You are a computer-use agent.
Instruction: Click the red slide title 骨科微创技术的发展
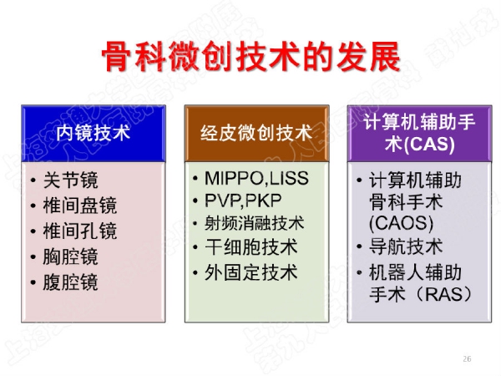coord(251,57)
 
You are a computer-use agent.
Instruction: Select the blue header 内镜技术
coord(94,133)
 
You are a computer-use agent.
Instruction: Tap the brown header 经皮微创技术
coord(256,133)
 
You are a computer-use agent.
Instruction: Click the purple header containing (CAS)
coord(419,133)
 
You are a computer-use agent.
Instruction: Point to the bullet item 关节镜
coord(71,180)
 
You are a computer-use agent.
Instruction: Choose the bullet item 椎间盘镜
coord(80,206)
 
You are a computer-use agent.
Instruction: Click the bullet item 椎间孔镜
coord(80,231)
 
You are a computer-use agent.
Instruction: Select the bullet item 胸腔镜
coord(71,257)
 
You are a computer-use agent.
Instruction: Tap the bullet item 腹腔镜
coord(71,282)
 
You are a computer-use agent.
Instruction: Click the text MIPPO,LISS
coord(256,179)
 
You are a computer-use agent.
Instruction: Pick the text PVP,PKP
coord(243,201)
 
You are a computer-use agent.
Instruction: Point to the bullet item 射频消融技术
coord(255,223)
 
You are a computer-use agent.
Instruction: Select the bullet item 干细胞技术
coord(251,247)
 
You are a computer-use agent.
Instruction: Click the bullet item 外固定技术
coord(251,272)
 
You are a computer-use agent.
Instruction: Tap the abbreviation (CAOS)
coord(402,223)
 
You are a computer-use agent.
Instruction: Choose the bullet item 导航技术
coord(406,246)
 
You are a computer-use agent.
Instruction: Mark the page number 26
coord(467,358)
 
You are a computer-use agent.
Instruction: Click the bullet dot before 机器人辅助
coord(359,272)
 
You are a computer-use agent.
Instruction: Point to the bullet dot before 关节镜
coord(33,180)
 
